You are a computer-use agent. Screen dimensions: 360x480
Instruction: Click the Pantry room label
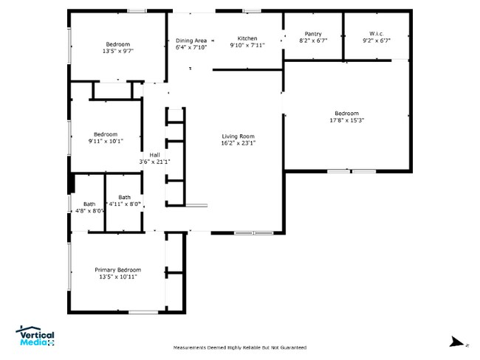click(313, 33)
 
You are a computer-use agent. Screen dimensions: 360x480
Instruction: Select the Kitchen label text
click(247, 38)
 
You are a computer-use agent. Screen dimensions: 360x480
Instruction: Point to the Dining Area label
click(191, 40)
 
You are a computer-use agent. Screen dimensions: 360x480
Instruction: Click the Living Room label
click(238, 136)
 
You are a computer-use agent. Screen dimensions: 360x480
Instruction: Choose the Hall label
click(154, 154)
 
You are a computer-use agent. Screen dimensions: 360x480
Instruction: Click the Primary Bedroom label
click(117, 270)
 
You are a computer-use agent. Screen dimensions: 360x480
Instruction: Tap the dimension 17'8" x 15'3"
click(347, 120)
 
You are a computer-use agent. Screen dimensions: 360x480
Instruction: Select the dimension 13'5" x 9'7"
click(117, 52)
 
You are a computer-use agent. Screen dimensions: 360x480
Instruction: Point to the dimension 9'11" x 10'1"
click(106, 140)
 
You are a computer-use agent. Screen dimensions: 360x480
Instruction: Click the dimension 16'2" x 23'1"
click(238, 143)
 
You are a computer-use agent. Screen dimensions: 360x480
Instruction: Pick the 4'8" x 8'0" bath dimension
click(89, 211)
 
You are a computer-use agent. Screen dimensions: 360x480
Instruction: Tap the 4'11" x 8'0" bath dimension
click(124, 204)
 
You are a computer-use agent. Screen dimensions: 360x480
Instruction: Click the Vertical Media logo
click(35, 336)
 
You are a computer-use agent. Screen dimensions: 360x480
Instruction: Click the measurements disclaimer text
click(239, 347)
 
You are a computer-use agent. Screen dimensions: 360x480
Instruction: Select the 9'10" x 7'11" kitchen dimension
click(247, 45)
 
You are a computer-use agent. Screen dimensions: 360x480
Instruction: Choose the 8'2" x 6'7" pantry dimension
click(313, 41)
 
